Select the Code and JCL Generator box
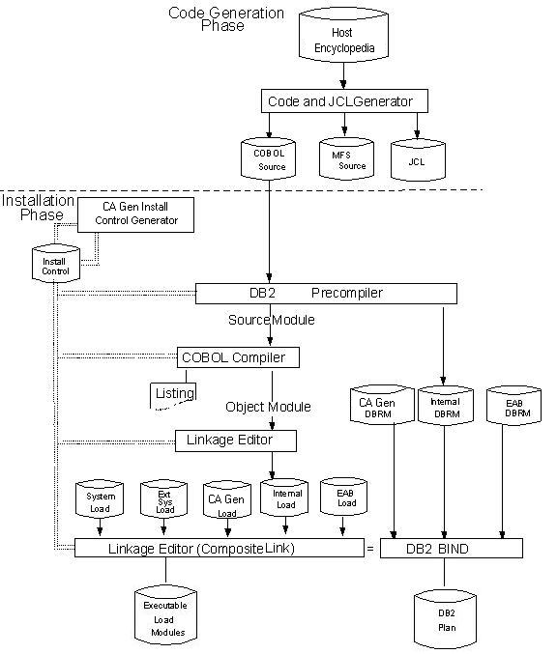tap(343, 100)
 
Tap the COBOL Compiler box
tap(238, 357)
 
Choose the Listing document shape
tap(174, 394)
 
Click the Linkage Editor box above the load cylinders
tap(235, 441)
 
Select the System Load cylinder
tap(100, 501)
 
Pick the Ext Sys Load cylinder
tap(162, 501)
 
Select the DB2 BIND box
tap(451, 549)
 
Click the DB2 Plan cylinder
tap(445, 619)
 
